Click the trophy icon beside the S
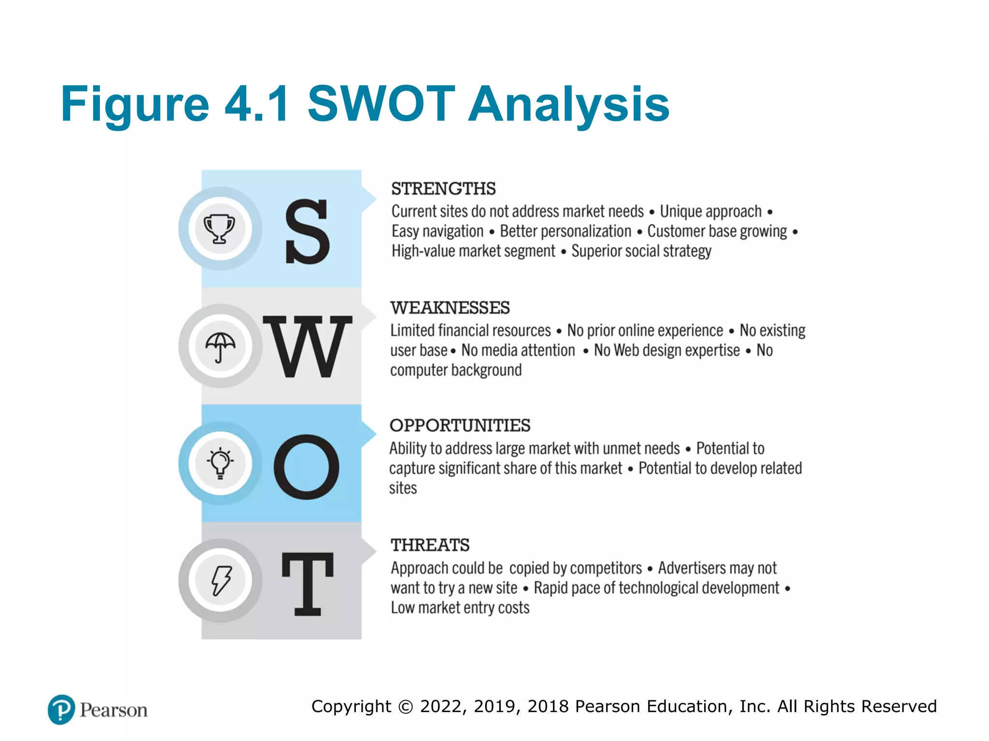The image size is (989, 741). [220, 228]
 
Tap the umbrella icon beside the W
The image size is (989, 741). [220, 346]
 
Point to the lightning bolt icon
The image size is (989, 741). [221, 580]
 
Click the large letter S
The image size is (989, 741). [307, 232]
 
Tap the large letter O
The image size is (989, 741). [307, 467]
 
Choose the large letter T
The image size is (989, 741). [308, 584]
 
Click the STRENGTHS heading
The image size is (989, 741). [443, 189]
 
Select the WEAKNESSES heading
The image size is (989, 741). [450, 307]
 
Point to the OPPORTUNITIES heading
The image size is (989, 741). [460, 425]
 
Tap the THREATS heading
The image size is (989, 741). [430, 545]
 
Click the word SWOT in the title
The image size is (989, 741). [381, 104]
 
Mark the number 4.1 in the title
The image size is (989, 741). [258, 104]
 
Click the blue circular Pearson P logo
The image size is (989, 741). [61, 710]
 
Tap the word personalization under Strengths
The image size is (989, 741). [565, 232]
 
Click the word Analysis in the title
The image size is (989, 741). [569, 104]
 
